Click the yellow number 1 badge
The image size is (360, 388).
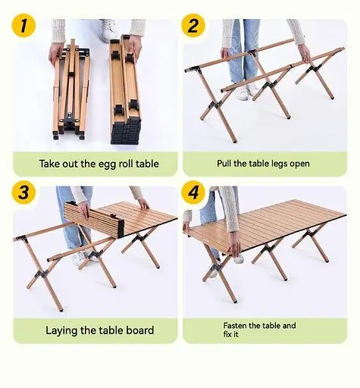coord(23,26)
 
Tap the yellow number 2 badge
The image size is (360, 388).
coord(193,26)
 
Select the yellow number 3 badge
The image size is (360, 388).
coord(23,192)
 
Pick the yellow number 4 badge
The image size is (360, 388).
coord(193,192)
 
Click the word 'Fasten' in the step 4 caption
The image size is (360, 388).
coord(235,325)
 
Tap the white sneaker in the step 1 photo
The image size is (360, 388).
coord(108,30)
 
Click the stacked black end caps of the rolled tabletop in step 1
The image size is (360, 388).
coord(126,131)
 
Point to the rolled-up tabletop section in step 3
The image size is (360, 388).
coord(94,218)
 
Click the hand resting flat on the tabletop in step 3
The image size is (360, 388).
coord(143,204)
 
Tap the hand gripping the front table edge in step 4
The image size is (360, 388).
coord(234,245)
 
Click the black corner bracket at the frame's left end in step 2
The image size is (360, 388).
coord(193,70)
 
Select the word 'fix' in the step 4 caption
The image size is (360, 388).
coord(227,334)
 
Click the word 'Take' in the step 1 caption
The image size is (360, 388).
coord(49,164)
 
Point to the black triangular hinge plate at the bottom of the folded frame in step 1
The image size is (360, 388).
coord(69,118)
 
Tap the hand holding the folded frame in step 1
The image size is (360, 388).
coord(56,54)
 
